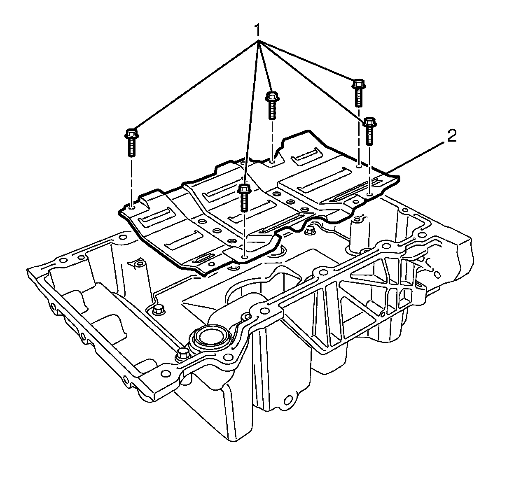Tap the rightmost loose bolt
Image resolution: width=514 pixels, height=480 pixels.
point(369,130)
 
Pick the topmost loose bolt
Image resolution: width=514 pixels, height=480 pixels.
point(357,91)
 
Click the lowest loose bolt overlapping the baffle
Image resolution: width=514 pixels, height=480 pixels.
point(244,197)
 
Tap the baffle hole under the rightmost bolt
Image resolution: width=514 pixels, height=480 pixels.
point(369,192)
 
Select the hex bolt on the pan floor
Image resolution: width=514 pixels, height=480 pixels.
point(158,310)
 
